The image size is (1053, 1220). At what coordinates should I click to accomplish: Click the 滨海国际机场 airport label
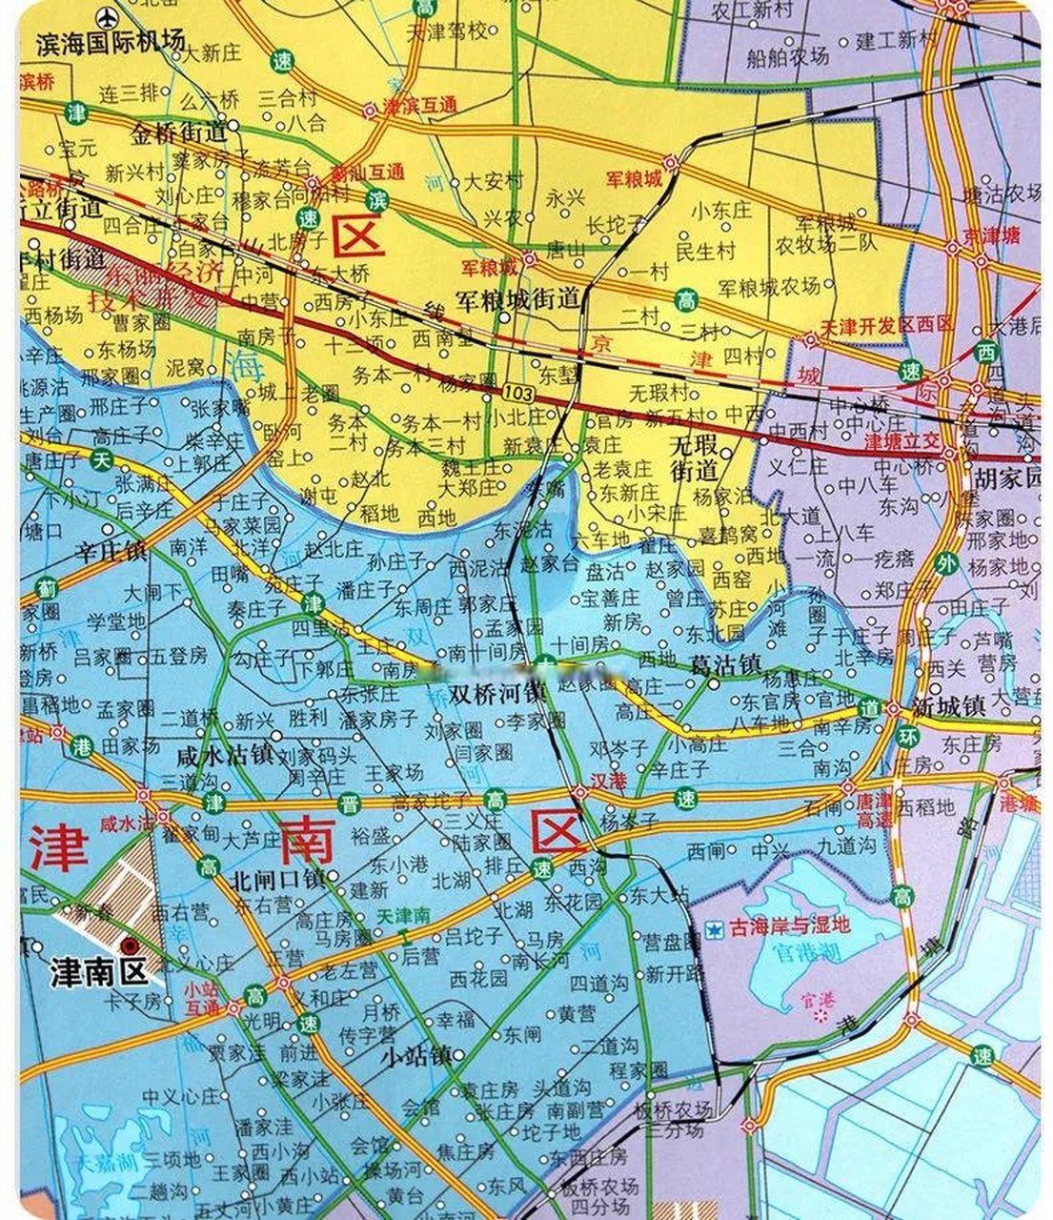pyautogui.click(x=110, y=44)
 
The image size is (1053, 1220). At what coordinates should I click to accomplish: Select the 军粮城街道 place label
pyautogui.click(x=517, y=299)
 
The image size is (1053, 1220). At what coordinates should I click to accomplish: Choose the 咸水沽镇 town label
pyautogui.click(x=225, y=756)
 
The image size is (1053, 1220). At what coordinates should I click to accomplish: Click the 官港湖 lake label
pyautogui.click(x=806, y=951)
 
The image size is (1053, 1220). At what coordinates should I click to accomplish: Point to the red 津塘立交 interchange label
pyautogui.click(x=901, y=443)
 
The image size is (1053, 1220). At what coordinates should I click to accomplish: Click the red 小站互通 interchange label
pyautogui.click(x=202, y=997)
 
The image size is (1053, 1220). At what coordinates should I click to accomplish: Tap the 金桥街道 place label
pyautogui.click(x=179, y=132)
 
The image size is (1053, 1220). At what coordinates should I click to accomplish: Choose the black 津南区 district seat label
pyautogui.click(x=99, y=972)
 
